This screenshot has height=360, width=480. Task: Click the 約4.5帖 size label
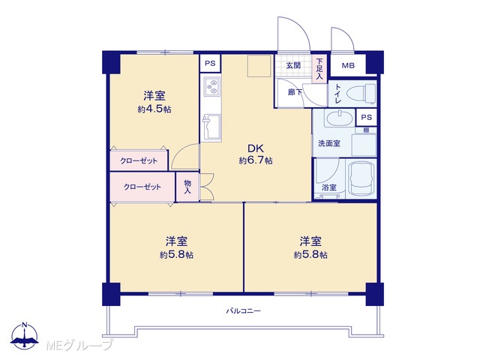tap(154, 109)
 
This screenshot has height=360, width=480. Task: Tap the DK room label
tap(256, 148)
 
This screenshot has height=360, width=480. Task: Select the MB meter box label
tap(348, 65)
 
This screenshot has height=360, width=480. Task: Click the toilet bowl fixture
tap(362, 93)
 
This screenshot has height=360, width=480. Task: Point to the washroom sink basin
tap(339, 118)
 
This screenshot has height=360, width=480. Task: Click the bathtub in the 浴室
tap(361, 178)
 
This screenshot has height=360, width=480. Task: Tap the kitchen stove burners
tap(211, 86)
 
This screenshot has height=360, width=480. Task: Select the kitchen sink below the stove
tap(211, 127)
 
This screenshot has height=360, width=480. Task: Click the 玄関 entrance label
tap(293, 65)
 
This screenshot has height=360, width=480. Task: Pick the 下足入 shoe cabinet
tap(319, 68)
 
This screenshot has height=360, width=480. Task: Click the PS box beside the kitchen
tap(210, 63)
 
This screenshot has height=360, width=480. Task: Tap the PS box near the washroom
tap(367, 117)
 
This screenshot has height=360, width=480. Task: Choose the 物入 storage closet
tap(187, 187)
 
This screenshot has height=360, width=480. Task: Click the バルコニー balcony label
tap(243, 311)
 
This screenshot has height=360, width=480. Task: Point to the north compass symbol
tap(25, 335)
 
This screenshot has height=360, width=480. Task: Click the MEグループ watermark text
tap(79, 345)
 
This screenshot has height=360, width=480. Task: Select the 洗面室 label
tap(329, 143)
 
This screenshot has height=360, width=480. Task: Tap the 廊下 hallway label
tap(295, 91)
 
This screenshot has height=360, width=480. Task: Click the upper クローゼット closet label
tap(139, 160)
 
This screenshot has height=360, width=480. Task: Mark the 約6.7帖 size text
tap(256, 160)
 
